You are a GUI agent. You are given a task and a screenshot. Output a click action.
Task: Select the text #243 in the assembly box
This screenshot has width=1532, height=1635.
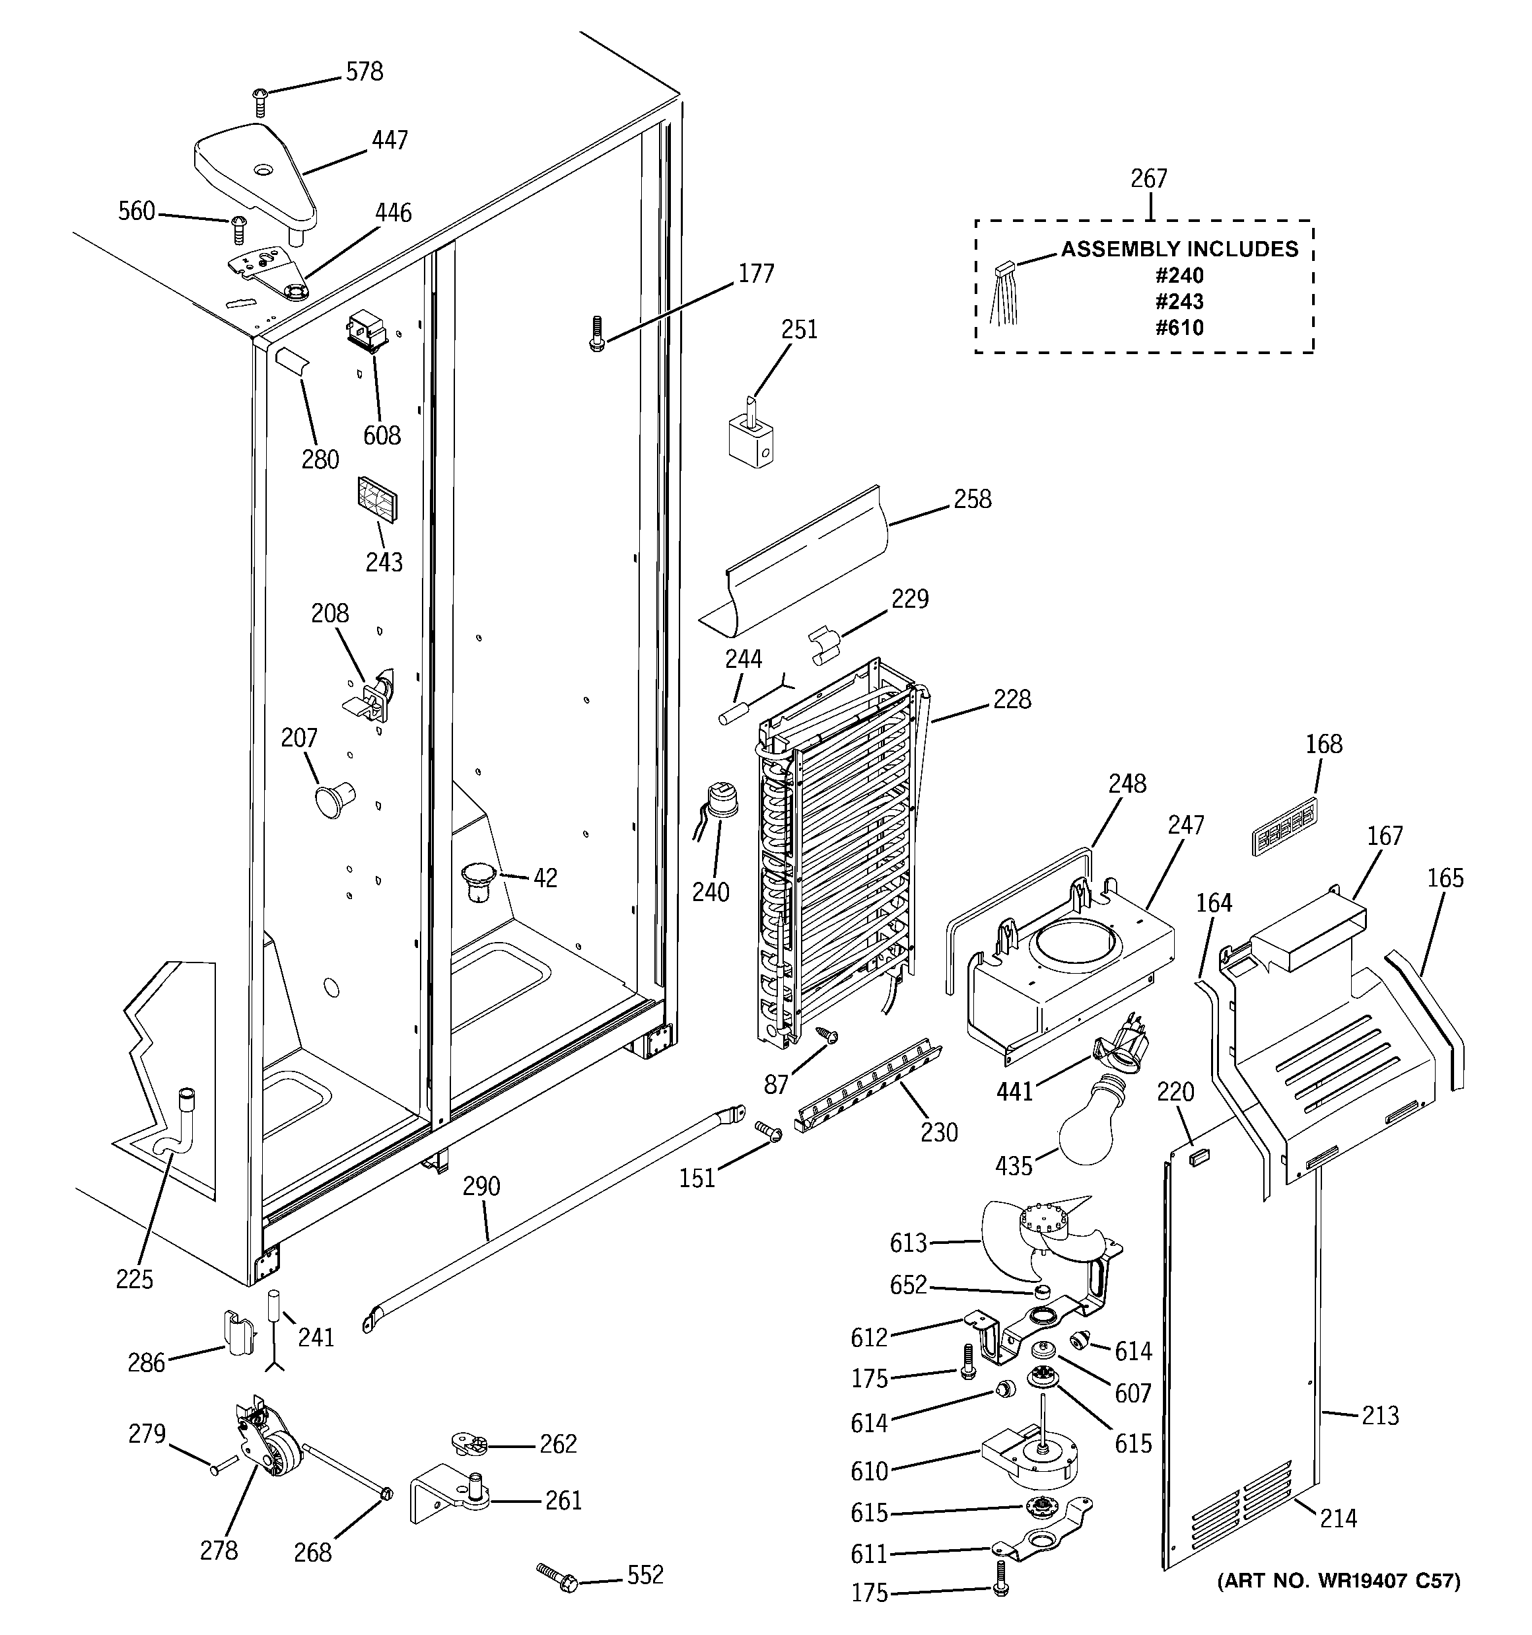click(x=1179, y=301)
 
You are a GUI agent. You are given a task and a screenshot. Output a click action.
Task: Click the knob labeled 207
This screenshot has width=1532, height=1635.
click(x=331, y=799)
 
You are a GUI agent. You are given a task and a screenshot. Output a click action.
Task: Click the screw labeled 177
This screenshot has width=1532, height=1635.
click(x=596, y=334)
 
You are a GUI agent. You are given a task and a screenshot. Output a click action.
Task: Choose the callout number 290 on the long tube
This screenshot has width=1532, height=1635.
click(x=481, y=1186)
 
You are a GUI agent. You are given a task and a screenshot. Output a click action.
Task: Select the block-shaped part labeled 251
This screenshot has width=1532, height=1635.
click(x=751, y=435)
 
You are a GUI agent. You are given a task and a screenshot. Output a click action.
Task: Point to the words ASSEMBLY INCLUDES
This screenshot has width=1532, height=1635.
click(x=1179, y=249)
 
